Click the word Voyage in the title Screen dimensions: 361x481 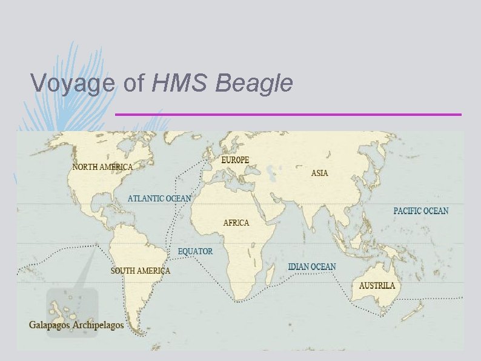[72, 84]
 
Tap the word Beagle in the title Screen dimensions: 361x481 [254, 84]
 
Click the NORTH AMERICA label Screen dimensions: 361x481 [102, 166]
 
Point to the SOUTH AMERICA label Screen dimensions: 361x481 [140, 271]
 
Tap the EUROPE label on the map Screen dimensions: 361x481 [235, 160]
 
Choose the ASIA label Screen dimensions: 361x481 [320, 174]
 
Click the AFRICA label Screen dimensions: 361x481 [236, 223]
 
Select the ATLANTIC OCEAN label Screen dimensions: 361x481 [159, 198]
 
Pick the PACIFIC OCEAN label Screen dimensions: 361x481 [421, 211]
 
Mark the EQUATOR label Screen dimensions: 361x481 [195, 251]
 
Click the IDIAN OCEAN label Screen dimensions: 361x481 [311, 267]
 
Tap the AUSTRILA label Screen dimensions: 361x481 [377, 285]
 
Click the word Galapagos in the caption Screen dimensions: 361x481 [50, 325]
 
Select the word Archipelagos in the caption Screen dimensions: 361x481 [98, 325]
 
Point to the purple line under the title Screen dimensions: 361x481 [288, 114]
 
